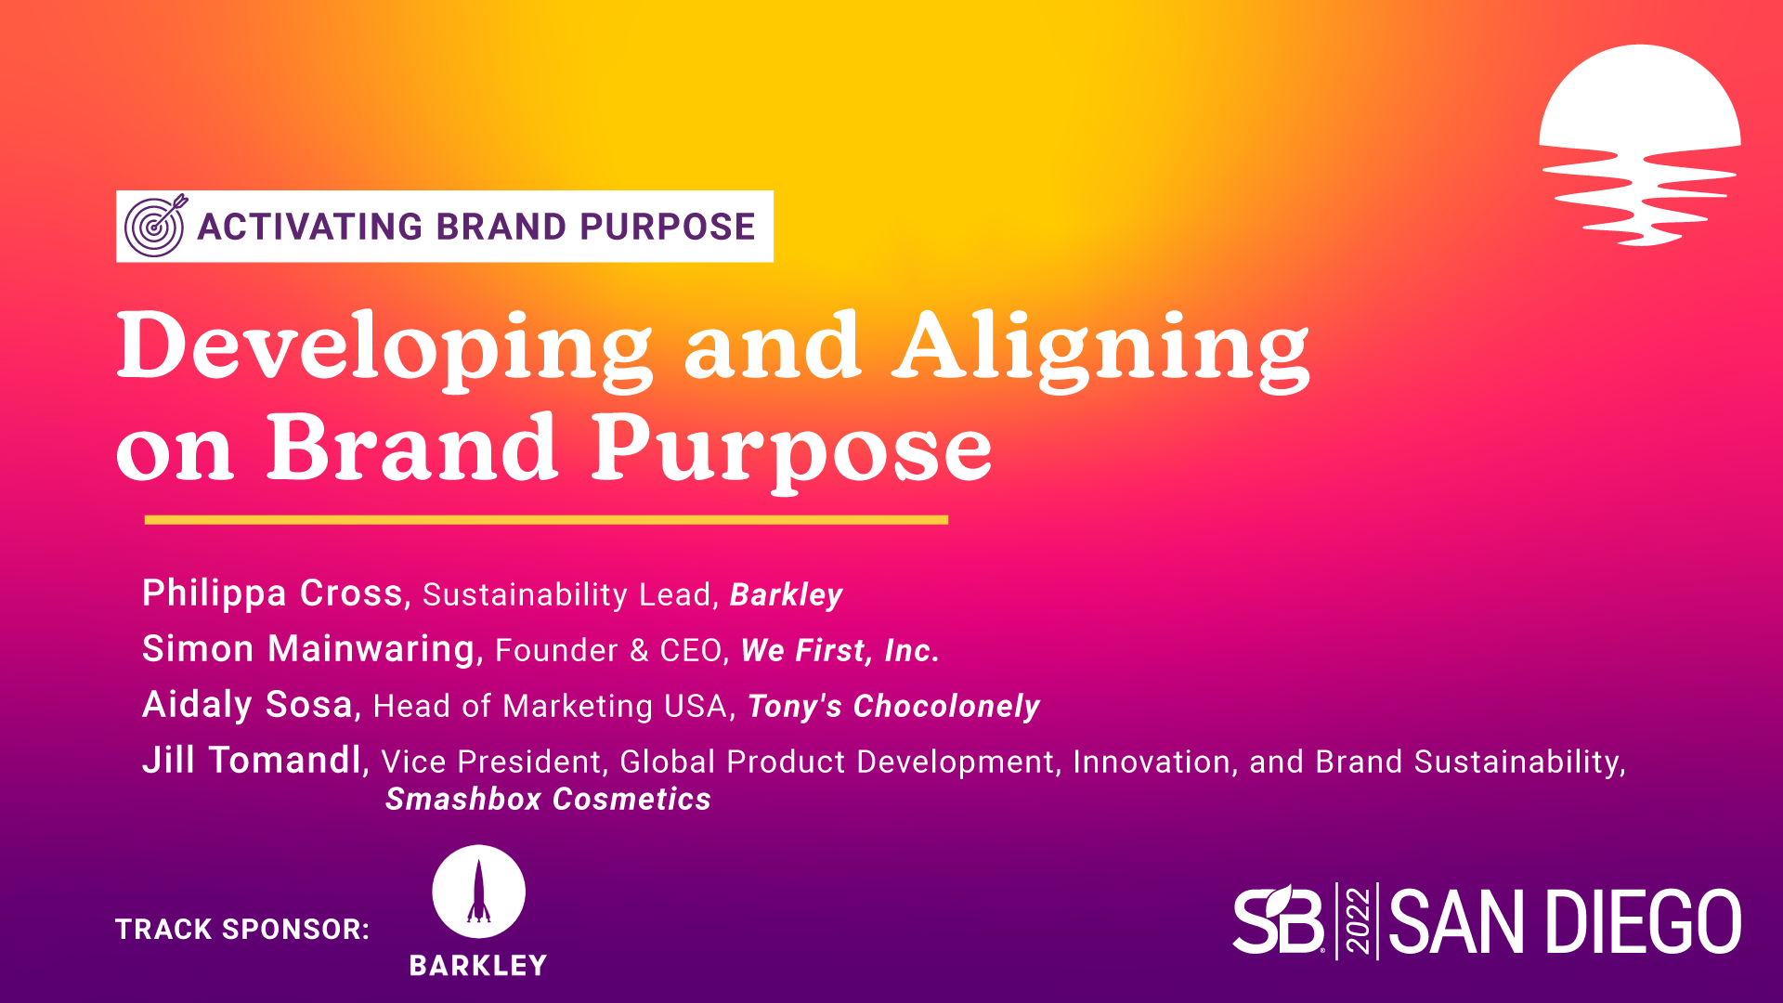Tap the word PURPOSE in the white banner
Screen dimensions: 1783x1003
[668, 227]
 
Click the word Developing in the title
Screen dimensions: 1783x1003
[384, 349]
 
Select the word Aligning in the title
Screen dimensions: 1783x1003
[1100, 349]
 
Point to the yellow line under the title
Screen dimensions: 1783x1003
[546, 520]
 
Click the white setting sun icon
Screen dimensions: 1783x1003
[1640, 145]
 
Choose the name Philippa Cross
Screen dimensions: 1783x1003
[272, 594]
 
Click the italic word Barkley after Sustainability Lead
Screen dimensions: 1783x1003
[787, 595]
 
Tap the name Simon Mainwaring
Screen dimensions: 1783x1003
[308, 648]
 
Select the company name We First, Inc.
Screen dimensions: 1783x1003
[840, 650]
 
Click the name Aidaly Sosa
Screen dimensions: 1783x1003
[247, 705]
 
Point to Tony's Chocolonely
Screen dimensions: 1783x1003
[893, 707]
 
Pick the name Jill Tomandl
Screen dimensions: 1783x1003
[252, 760]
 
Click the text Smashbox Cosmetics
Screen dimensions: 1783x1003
[548, 799]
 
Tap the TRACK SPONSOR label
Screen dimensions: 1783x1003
[242, 929]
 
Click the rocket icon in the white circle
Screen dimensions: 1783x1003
[478, 891]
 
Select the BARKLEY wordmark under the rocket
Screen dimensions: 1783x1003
[478, 966]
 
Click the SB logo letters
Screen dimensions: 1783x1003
[1279, 919]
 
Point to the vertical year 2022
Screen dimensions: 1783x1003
[1358, 920]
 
